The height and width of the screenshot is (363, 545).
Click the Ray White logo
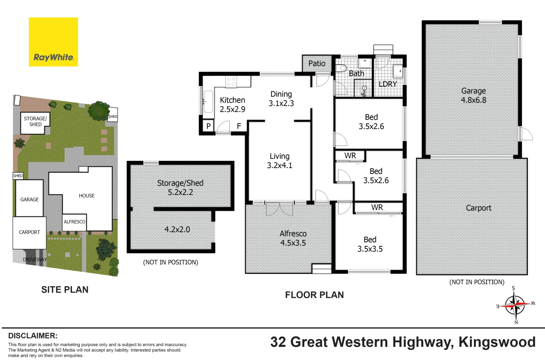coord(53,42)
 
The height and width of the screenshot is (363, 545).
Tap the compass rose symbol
coord(515,305)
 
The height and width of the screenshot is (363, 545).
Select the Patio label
coord(317,64)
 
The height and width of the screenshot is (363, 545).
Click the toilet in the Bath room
coord(341,68)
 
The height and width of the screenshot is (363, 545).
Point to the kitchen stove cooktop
coord(231,82)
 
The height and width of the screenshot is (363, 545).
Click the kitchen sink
coord(208,101)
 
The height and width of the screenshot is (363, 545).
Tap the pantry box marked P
coord(208,126)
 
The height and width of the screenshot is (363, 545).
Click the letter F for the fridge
coord(239,126)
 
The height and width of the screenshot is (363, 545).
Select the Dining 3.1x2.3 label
coord(281,99)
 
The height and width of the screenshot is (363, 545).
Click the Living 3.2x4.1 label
coord(279,161)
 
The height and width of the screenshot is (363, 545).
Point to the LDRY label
coord(388,84)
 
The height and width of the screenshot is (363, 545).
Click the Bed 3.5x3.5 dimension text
coord(370,249)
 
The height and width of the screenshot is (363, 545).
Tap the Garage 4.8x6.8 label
coord(473,95)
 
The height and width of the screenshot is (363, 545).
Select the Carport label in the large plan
coord(478,208)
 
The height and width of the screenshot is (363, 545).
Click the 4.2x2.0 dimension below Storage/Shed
coord(177,230)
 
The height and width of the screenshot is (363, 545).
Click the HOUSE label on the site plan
coord(86,196)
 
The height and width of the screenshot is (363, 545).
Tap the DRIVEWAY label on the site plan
coord(35,259)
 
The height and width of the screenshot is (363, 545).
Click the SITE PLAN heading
coord(65,290)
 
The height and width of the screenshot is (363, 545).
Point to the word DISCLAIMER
coord(33,336)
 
